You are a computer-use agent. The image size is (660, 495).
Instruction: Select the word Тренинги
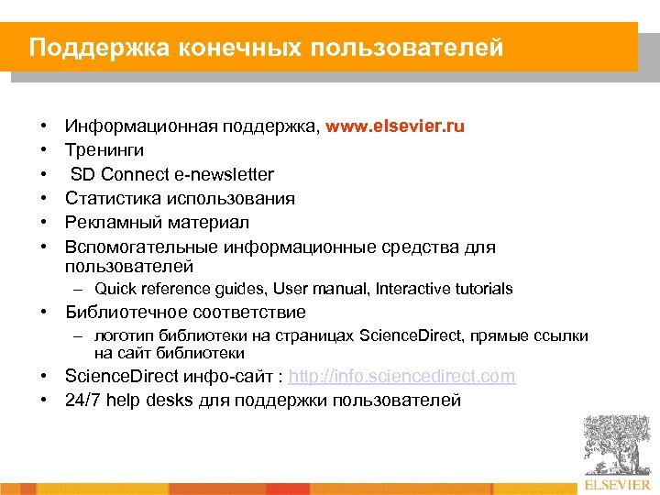[104, 149]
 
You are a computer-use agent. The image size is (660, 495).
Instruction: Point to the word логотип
[123, 336]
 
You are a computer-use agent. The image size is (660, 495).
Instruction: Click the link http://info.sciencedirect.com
[401, 377]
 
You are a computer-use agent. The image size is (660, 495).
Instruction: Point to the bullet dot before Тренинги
[44, 149]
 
